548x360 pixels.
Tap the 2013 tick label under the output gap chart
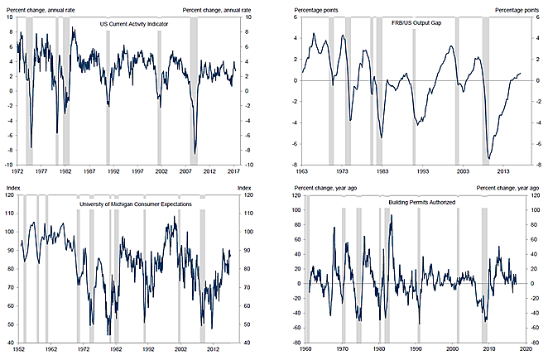point(502,170)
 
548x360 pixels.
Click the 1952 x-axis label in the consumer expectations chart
point(19,348)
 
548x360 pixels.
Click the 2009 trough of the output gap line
point(489,157)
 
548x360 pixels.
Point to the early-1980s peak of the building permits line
point(391,216)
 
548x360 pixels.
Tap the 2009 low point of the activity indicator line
point(195,153)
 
